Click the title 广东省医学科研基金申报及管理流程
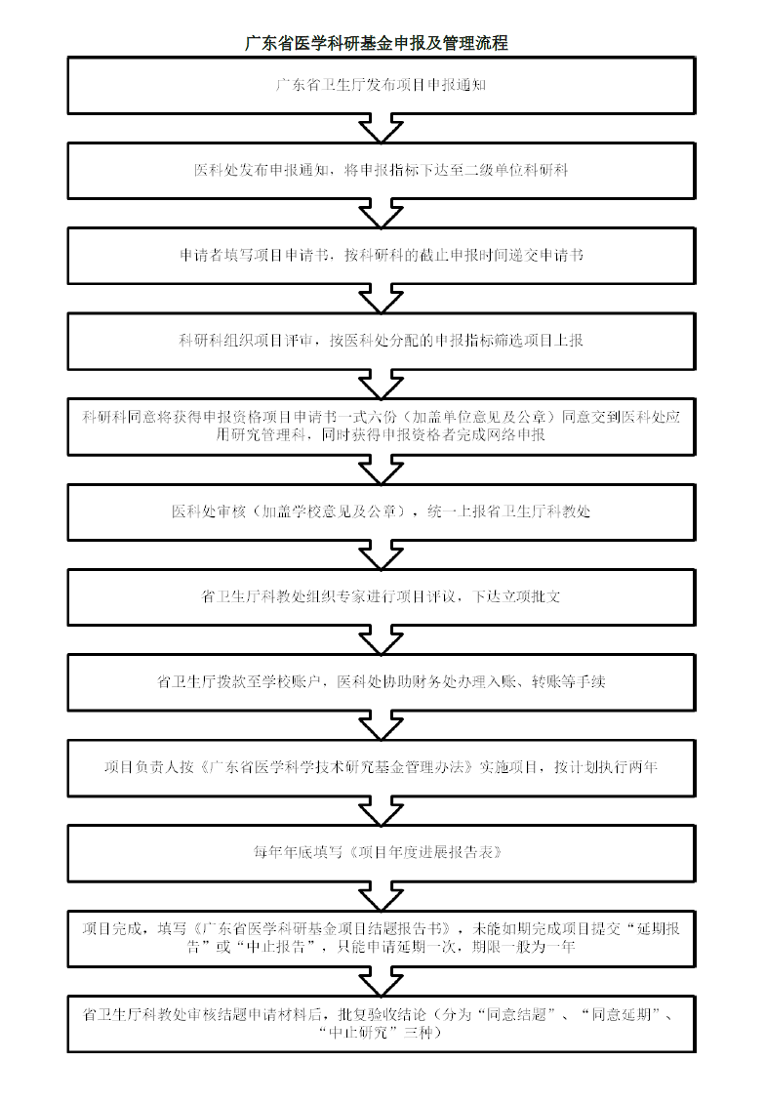377,43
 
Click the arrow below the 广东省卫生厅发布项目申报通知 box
382,129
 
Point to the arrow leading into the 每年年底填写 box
382,811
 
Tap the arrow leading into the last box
382,981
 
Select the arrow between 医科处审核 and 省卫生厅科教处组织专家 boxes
382,555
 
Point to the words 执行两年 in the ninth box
627,767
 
